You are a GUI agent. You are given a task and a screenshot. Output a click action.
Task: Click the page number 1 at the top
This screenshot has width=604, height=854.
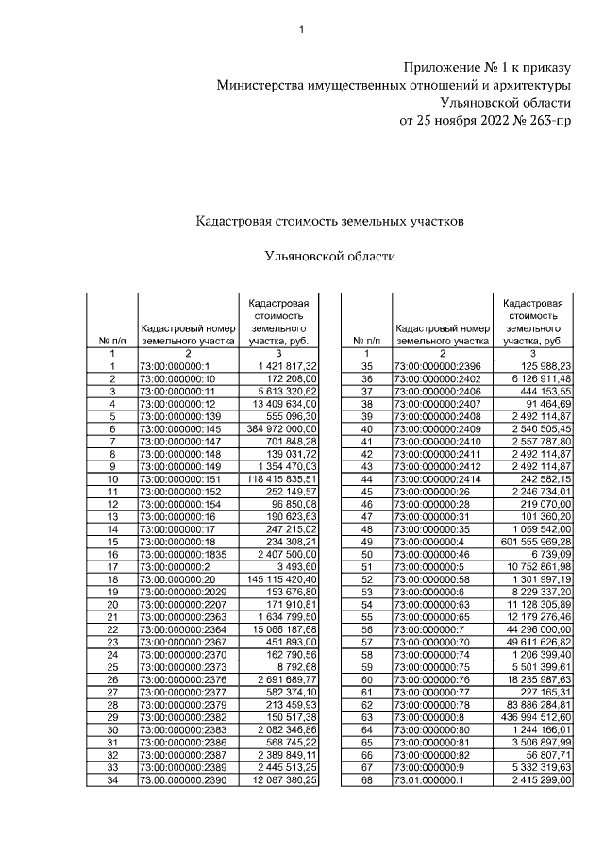[301, 30]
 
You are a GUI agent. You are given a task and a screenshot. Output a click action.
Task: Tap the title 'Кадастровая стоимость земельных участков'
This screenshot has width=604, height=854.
[329, 220]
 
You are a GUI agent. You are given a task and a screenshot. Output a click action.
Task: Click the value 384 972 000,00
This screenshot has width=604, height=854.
[282, 427]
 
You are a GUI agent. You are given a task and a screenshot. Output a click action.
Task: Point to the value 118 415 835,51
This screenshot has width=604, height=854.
[280, 478]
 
